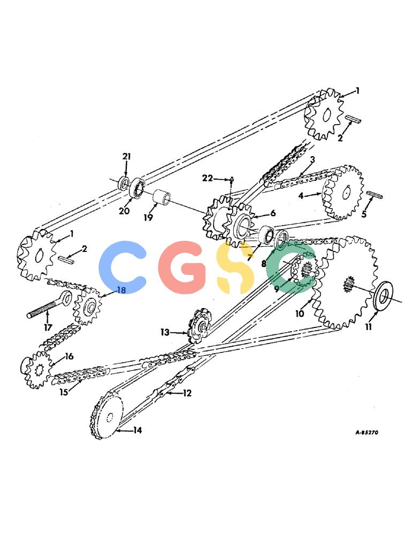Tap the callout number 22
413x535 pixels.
tap(207, 178)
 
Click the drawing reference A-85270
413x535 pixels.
tap(366, 432)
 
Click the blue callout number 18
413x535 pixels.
tap(121, 290)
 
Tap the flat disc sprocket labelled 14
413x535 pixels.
tap(106, 415)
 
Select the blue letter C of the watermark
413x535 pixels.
tap(123, 267)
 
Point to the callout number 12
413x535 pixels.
tap(187, 393)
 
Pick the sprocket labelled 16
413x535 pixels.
tap(37, 370)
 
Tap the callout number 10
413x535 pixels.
tap(300, 313)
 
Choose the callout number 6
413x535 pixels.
tap(273, 213)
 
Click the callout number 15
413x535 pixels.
tap(64, 392)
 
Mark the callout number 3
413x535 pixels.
tap(312, 159)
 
